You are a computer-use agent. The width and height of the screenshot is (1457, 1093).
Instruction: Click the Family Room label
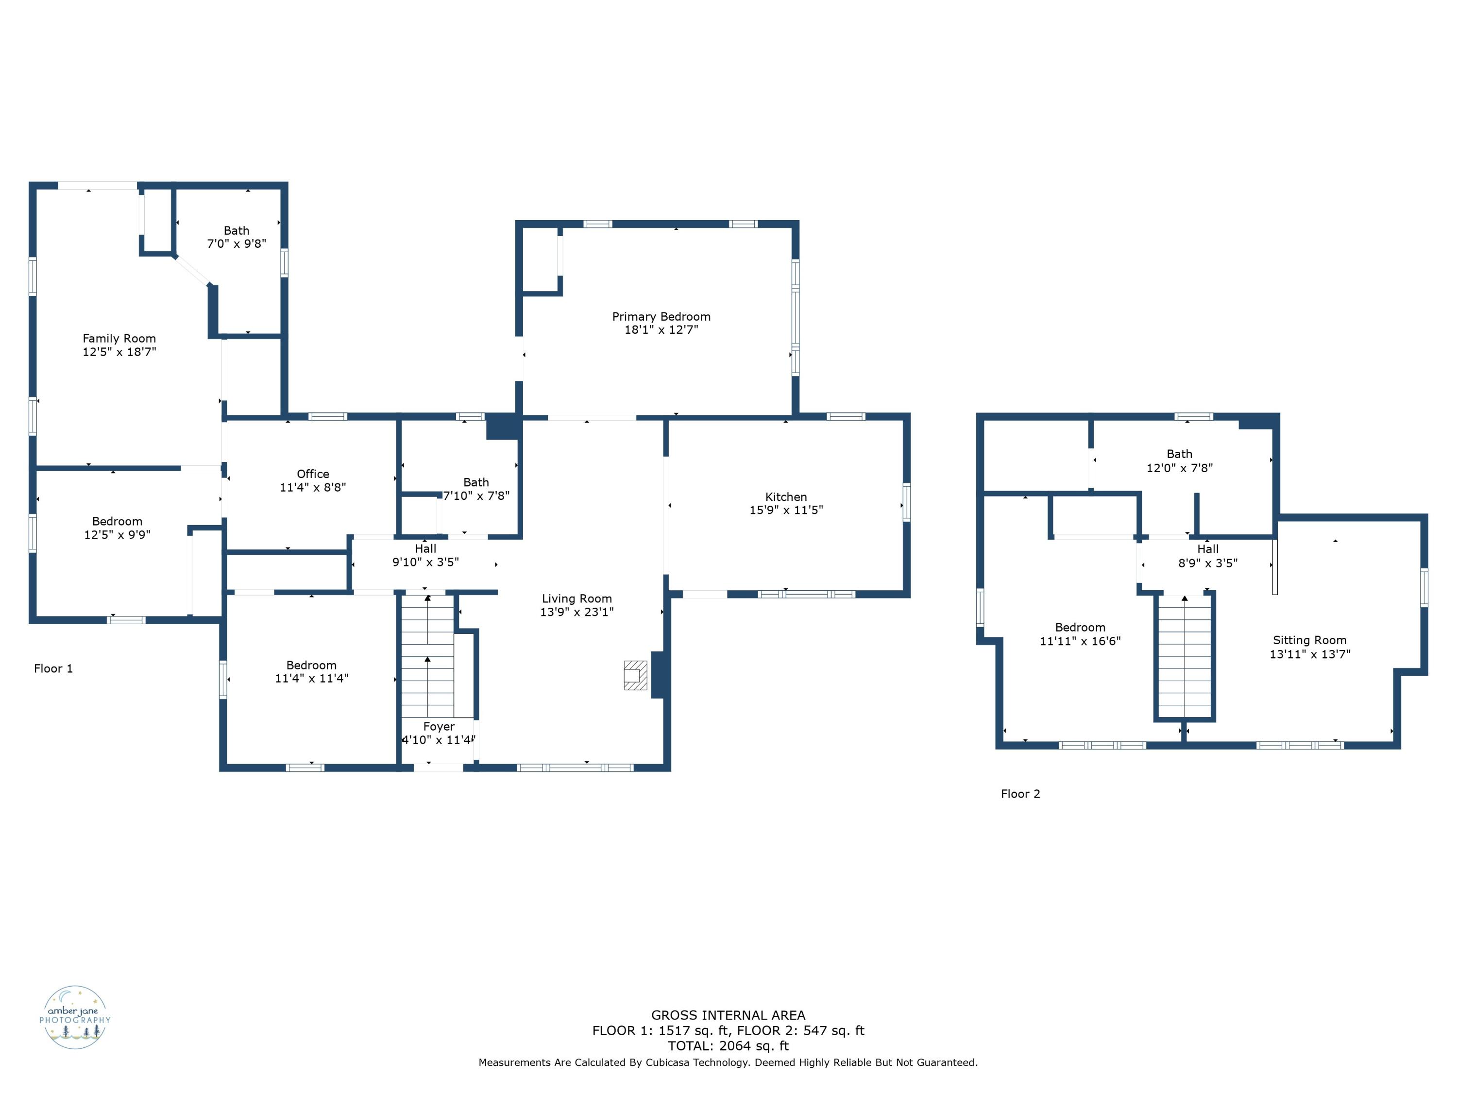(x=119, y=339)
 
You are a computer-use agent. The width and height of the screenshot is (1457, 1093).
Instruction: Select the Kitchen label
(x=786, y=497)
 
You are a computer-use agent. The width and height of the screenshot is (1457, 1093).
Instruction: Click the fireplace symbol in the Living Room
(x=635, y=675)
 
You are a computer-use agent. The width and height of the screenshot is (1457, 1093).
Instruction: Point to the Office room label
(x=313, y=474)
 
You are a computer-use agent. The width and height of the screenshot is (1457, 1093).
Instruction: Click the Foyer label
(x=439, y=726)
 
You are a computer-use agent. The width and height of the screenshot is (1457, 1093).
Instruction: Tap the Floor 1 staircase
(x=427, y=655)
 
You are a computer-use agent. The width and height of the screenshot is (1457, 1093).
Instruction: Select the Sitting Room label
(x=1309, y=640)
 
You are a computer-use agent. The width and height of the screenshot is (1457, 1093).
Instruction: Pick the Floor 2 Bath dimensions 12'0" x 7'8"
(x=1179, y=468)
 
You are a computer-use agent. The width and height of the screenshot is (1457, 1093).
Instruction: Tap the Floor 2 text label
(x=1020, y=794)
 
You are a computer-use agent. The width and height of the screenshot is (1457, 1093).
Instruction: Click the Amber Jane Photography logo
(x=75, y=1017)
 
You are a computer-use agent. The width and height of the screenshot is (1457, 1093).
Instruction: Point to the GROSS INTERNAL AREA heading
(x=728, y=1015)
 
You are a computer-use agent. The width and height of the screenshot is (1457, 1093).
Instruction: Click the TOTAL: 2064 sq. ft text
(x=728, y=1045)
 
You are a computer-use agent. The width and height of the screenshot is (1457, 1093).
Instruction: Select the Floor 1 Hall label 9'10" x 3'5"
(x=425, y=555)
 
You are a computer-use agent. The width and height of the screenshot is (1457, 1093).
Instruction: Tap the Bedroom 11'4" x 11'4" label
(x=312, y=671)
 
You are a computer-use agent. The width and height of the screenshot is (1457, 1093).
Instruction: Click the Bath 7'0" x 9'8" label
(x=237, y=237)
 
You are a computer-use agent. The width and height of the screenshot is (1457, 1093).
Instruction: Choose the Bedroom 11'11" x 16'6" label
(x=1080, y=634)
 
